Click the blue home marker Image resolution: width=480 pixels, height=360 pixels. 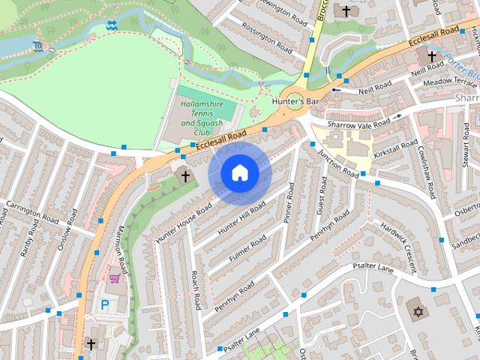(239, 173)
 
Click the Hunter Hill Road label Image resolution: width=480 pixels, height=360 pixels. (241, 217)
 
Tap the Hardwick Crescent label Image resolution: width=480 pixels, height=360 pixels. (398, 246)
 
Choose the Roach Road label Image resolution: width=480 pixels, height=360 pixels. (196, 290)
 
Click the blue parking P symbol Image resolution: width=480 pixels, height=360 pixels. (105, 305)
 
